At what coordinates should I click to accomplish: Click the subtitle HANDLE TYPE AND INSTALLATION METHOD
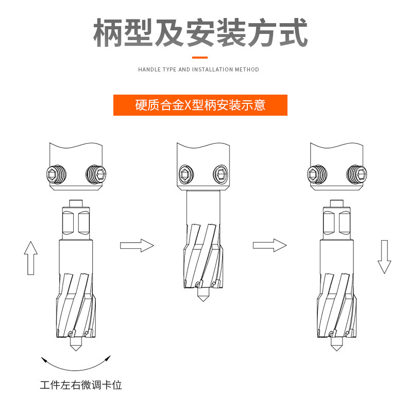[198, 69]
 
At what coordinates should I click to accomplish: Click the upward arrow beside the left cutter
[31, 258]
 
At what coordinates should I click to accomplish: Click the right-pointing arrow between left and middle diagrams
[137, 245]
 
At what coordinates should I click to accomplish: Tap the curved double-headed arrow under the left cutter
[76, 363]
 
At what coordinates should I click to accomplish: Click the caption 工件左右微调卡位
[81, 385]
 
